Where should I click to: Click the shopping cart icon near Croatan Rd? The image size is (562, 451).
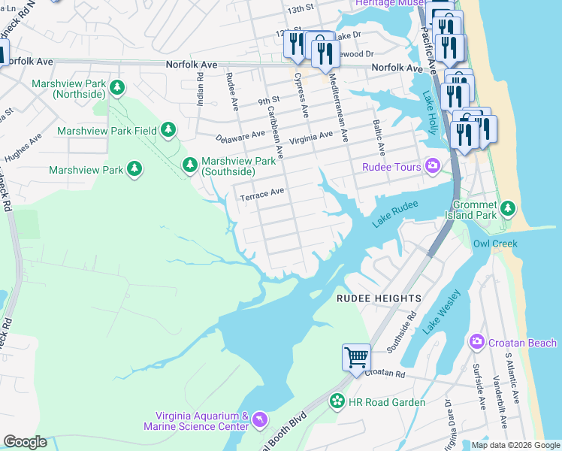pyautogui.click(x=355, y=356)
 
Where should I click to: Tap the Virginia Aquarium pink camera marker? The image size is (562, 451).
pyautogui.click(x=259, y=418)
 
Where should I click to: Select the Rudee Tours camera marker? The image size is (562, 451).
pyautogui.click(x=433, y=166)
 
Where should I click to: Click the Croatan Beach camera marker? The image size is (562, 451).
pyautogui.click(x=476, y=343)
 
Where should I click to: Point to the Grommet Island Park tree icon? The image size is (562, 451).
pyautogui.click(x=508, y=207)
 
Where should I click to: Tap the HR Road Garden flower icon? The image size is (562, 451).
pyautogui.click(x=337, y=402)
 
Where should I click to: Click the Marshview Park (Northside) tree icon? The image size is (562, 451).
pyautogui.click(x=116, y=89)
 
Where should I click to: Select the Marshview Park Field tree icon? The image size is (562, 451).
pyautogui.click(x=168, y=131)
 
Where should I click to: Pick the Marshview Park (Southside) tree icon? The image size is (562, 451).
pyautogui.click(x=190, y=164)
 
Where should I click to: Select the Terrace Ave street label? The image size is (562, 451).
pyautogui.click(x=261, y=195)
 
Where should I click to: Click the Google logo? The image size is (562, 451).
pyautogui.click(x=25, y=442)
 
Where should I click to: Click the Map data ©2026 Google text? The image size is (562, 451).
pyautogui.click(x=515, y=445)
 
